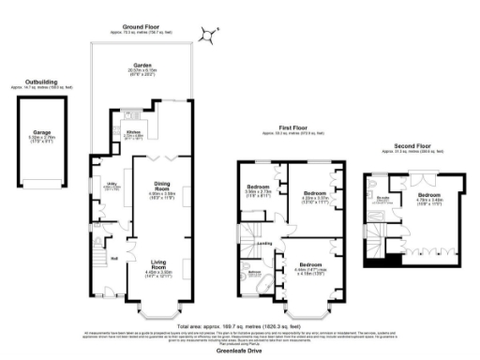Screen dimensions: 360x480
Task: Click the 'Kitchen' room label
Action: [x=134, y=133]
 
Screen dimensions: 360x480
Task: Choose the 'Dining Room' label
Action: [x=157, y=188]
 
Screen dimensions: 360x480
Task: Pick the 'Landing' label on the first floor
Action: [x=265, y=244]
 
